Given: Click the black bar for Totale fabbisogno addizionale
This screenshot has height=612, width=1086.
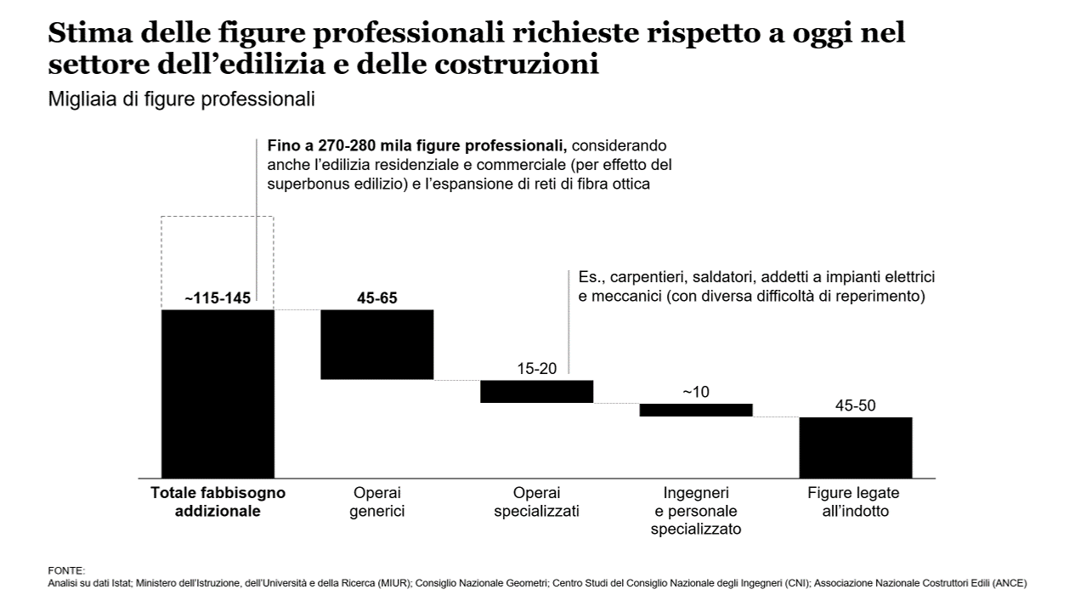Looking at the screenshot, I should (x=218, y=393).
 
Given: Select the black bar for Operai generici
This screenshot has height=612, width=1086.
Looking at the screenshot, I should (x=376, y=344).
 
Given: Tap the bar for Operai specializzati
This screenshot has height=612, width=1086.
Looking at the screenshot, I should (x=536, y=391).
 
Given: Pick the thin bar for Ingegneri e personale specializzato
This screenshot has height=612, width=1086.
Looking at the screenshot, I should (x=696, y=410).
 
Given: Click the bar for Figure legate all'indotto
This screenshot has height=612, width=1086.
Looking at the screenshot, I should (x=855, y=447).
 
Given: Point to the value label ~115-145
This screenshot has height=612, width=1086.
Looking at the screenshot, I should (x=218, y=298).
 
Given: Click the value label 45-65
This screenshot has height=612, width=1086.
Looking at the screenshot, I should (x=376, y=298).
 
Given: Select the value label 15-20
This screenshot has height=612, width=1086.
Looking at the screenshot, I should (x=536, y=369).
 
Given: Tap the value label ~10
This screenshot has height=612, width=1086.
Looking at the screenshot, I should (x=695, y=392).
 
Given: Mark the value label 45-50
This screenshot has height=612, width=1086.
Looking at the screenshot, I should (x=855, y=405).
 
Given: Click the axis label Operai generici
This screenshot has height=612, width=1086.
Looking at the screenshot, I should (x=376, y=502).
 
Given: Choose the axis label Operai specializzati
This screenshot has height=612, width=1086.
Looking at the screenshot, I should (x=536, y=502).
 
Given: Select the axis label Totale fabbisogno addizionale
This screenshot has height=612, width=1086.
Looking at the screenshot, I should (x=218, y=502).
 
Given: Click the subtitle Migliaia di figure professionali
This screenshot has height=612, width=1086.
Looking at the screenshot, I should (x=182, y=99).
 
